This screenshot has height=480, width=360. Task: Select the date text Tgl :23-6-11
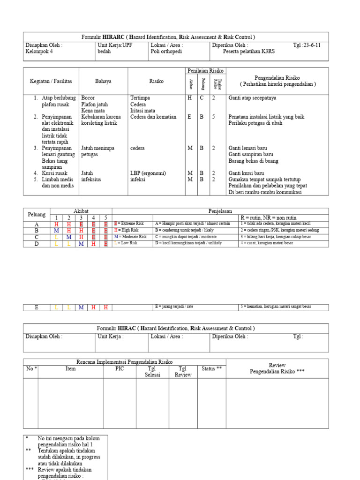pyautogui.click(x=307, y=45)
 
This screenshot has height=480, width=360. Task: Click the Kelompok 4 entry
pyautogui.click(x=39, y=52)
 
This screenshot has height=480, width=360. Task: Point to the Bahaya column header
pyautogui.click(x=103, y=81)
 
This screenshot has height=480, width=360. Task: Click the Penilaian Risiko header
pyautogui.click(x=206, y=71)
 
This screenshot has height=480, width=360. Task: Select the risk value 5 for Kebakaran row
pyautogui.click(x=213, y=117)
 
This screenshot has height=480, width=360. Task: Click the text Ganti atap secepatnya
pyautogui.click(x=252, y=98)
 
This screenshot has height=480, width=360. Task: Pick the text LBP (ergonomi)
pyautogui.click(x=148, y=173)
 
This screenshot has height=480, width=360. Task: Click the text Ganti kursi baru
pyautogui.click(x=246, y=173)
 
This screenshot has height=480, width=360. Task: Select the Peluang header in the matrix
pyautogui.click(x=37, y=214)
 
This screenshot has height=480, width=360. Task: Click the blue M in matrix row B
pyautogui.click(x=57, y=230)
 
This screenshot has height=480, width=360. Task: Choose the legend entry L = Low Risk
pyautogui.click(x=127, y=243)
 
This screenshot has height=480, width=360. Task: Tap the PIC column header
pyautogui.click(x=120, y=368)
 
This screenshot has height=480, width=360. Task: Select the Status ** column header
pyautogui.click(x=211, y=368)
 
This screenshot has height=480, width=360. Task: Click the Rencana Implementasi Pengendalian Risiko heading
pyautogui.click(x=124, y=362)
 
